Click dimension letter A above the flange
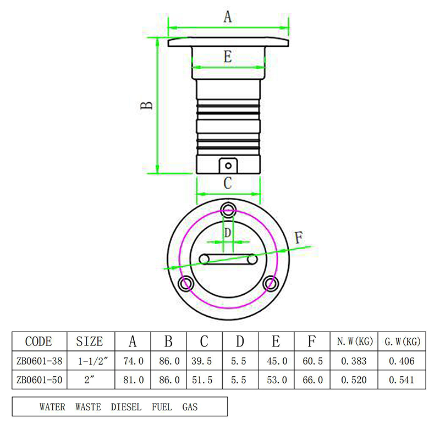coord(228,17)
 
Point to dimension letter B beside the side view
coord(146,106)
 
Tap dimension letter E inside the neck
coord(228,57)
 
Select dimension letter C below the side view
coord(228,183)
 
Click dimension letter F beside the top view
coord(299,238)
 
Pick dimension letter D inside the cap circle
coord(228,233)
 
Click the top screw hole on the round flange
coord(228,210)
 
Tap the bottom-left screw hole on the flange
coord(186,283)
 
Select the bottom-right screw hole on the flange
coord(271,283)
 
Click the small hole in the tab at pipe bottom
coord(228,166)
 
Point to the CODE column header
coord(38,342)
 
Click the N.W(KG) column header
coord(355,341)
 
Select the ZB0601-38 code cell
coord(39,361)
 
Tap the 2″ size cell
coord(89,380)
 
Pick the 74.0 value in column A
coord(133,361)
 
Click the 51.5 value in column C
coord(202,380)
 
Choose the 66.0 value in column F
coord(312,380)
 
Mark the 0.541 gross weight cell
coord(402,380)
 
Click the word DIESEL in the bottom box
coord(126,407)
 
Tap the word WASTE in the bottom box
coord(88,407)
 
